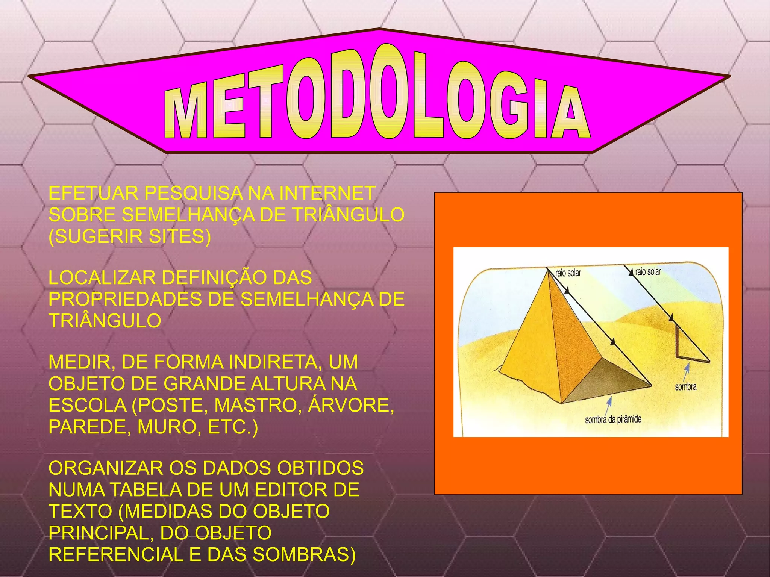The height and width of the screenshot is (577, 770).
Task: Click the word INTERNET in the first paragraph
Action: pos(327,194)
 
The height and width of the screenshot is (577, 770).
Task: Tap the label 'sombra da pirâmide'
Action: pos(613,419)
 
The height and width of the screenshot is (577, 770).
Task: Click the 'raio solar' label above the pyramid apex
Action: pos(568,273)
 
